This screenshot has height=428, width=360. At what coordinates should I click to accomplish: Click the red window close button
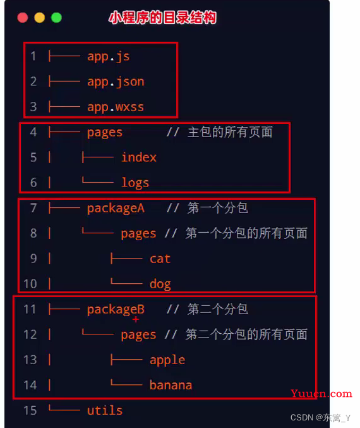23,18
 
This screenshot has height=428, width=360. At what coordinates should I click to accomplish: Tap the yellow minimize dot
40,18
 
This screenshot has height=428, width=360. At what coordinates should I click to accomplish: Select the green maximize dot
56,18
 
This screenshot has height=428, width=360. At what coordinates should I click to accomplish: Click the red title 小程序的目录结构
162,18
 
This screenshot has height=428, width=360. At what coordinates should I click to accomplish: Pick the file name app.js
108,56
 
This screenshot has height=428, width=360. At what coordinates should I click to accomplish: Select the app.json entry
116,82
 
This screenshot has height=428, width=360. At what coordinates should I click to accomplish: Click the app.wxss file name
116,107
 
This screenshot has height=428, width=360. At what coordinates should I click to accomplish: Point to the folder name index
139,157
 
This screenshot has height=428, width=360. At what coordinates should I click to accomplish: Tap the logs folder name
135,183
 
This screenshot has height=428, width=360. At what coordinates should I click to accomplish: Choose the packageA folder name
116,208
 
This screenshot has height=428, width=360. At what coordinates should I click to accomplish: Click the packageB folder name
116,310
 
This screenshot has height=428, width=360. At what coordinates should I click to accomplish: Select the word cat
160,259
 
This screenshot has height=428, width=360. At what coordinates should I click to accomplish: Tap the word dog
160,284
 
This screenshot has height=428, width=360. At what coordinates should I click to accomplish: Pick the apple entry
167,360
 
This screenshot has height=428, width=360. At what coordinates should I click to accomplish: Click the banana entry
171,385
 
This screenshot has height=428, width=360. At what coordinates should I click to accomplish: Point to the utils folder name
105,410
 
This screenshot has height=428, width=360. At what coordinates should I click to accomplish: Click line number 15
30,410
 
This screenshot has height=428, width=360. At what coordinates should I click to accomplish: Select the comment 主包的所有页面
230,132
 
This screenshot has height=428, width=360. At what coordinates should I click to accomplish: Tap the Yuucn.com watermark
321,394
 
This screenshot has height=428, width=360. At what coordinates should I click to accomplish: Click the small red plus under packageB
136,319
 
